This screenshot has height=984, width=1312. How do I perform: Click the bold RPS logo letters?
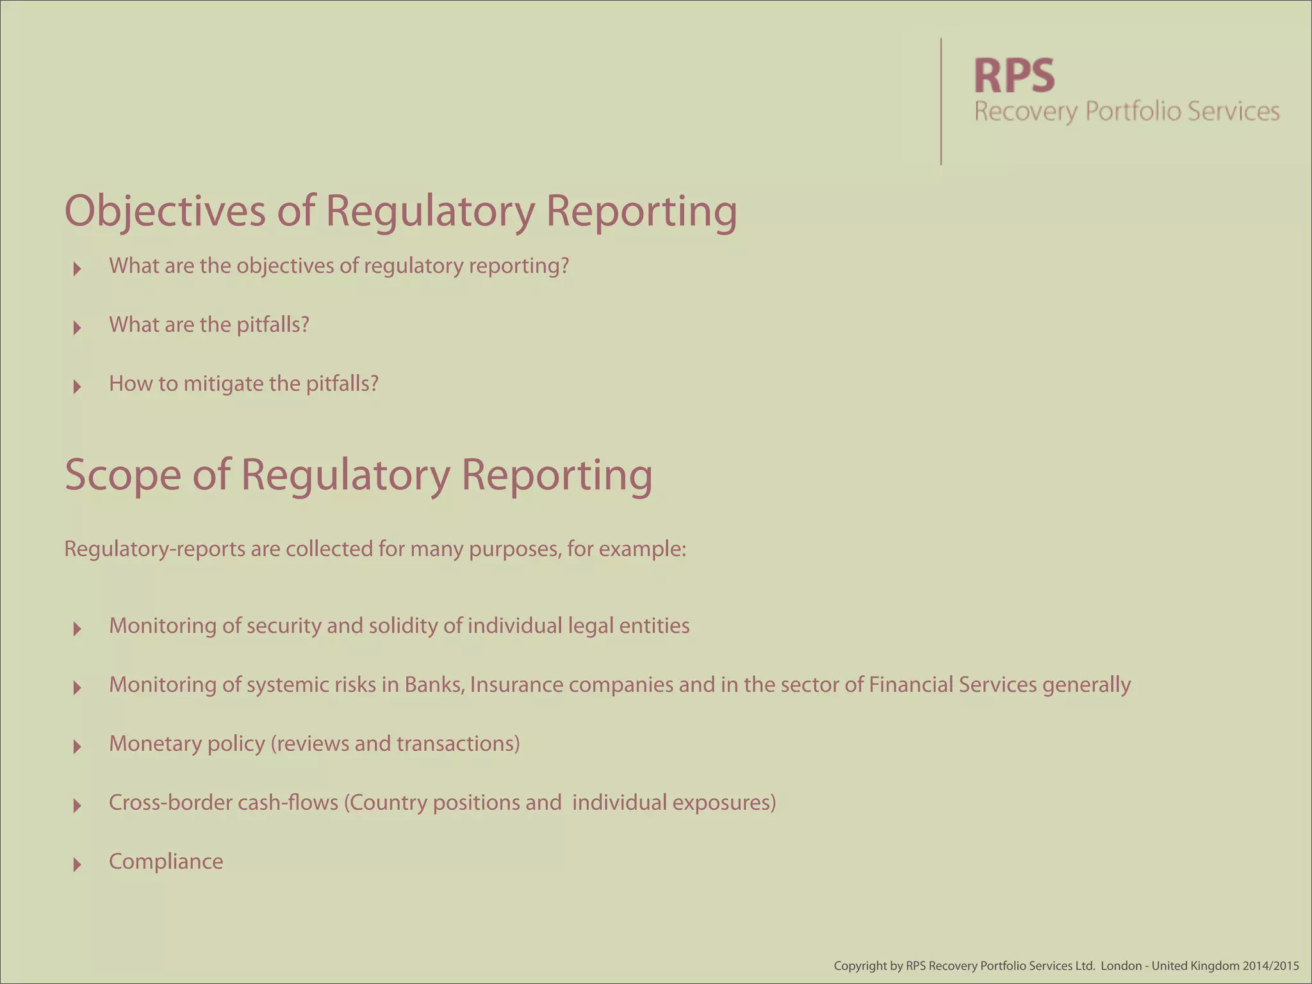coord(1014,76)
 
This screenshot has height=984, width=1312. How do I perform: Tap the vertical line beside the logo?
coord(941,101)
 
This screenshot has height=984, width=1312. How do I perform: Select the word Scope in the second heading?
coord(122,475)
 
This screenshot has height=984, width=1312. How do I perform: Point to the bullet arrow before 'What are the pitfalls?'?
coord(78,327)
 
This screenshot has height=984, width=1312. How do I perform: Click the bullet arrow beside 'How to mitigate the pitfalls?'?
coord(78,386)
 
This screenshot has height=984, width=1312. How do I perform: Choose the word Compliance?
coord(166,862)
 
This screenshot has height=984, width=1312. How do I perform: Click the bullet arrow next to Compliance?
coord(78,864)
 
